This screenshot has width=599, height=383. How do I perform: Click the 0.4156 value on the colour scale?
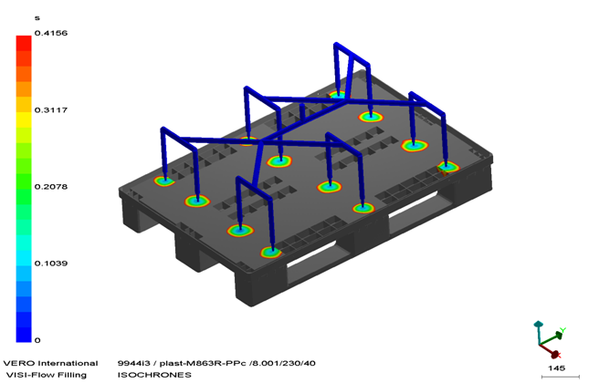click(51, 33)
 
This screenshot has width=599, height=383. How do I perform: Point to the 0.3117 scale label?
click(51, 110)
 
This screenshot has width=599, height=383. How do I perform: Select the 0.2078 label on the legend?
click(51, 187)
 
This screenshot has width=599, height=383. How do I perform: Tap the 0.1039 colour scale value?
click(51, 264)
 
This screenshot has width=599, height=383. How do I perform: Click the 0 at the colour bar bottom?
click(37, 340)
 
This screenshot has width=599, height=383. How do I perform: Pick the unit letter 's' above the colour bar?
click(37, 18)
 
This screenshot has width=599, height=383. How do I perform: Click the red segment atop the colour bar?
click(24, 43)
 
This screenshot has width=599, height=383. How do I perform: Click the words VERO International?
click(51, 363)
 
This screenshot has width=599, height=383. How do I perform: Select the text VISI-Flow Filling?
click(47, 375)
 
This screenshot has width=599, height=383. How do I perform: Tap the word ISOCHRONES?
click(154, 375)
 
